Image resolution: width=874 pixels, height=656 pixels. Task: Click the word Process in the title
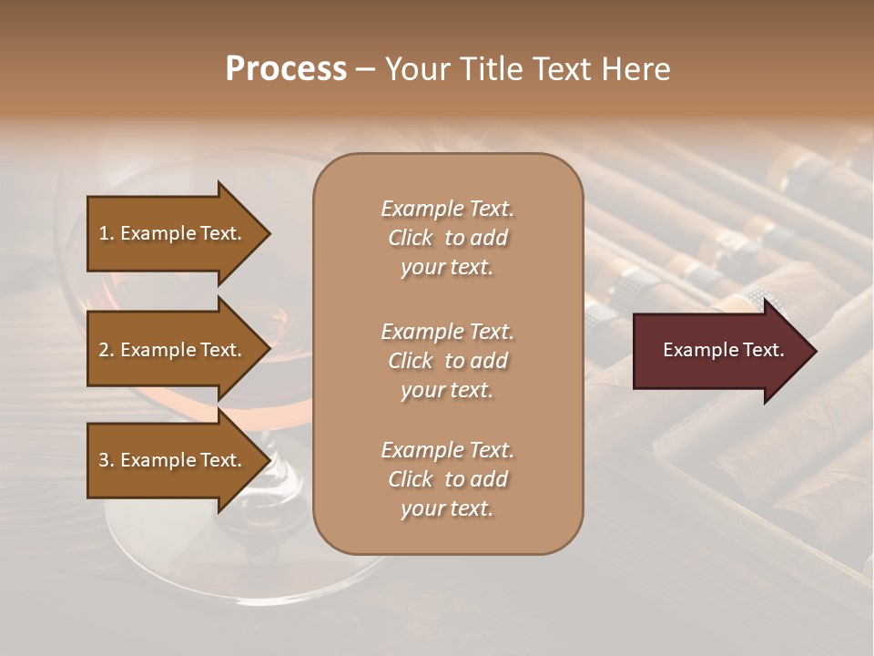click(286, 69)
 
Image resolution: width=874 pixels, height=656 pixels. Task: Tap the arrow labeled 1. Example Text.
click(173, 233)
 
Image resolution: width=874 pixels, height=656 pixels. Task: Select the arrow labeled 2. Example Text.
click(173, 350)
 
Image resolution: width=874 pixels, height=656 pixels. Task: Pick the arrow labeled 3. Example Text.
click(173, 460)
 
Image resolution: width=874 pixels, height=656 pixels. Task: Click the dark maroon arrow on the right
click(719, 351)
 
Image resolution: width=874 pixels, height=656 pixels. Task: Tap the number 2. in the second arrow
click(106, 350)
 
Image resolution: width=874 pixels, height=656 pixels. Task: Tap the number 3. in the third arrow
click(106, 460)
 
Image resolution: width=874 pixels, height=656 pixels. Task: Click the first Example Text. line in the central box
click(447, 209)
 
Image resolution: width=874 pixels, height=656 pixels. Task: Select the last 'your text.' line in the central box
click(447, 508)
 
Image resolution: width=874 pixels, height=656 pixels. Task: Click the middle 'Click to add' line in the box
click(447, 361)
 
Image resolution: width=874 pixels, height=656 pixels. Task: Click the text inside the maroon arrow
click(723, 350)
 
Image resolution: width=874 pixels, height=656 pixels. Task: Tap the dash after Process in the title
click(365, 69)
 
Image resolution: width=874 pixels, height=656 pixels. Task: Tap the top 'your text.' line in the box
click(447, 268)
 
